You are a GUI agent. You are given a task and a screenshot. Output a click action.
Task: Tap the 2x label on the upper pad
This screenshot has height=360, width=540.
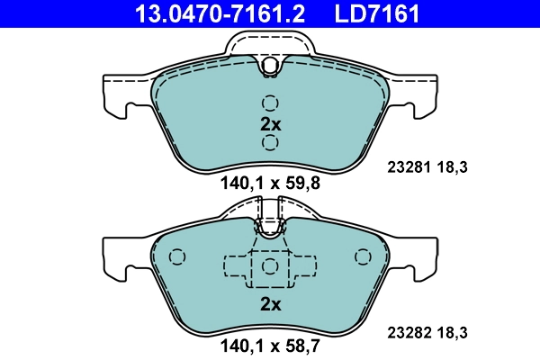click(x=270, y=123)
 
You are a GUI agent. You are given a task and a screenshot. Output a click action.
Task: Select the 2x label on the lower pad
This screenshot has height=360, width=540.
click(x=270, y=304)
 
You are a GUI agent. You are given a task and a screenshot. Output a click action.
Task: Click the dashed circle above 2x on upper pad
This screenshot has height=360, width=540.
click(x=270, y=103)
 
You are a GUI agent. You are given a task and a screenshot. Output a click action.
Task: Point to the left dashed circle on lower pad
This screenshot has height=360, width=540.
click(x=176, y=257)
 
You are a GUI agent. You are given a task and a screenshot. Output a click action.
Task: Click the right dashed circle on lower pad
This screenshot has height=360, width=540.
click(x=363, y=257)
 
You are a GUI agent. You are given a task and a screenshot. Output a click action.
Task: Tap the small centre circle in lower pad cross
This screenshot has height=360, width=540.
click(x=270, y=265)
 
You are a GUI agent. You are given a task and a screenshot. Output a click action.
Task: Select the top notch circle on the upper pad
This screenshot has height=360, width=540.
click(x=270, y=64)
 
